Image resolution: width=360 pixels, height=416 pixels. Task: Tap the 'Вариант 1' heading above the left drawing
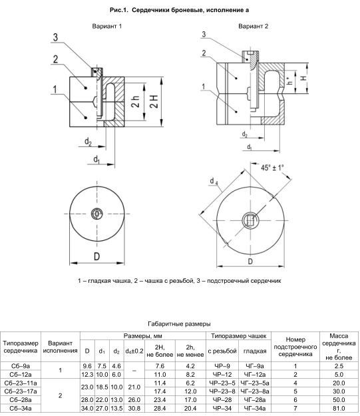[x=107, y=26]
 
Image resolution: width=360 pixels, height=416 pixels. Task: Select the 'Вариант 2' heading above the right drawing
[x=253, y=26]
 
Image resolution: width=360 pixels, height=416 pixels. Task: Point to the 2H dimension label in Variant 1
[x=154, y=101]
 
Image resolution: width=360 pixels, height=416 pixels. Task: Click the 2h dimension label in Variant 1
[x=136, y=101]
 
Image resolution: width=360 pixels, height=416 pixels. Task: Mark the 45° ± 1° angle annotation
[x=272, y=168]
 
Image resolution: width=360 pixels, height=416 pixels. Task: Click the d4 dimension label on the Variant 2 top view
[x=214, y=181]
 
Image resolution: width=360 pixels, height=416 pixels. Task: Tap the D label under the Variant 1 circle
[x=97, y=256]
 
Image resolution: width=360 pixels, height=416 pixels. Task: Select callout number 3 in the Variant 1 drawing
[x=55, y=37]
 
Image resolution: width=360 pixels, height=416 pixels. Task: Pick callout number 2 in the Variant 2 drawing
[x=204, y=53]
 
